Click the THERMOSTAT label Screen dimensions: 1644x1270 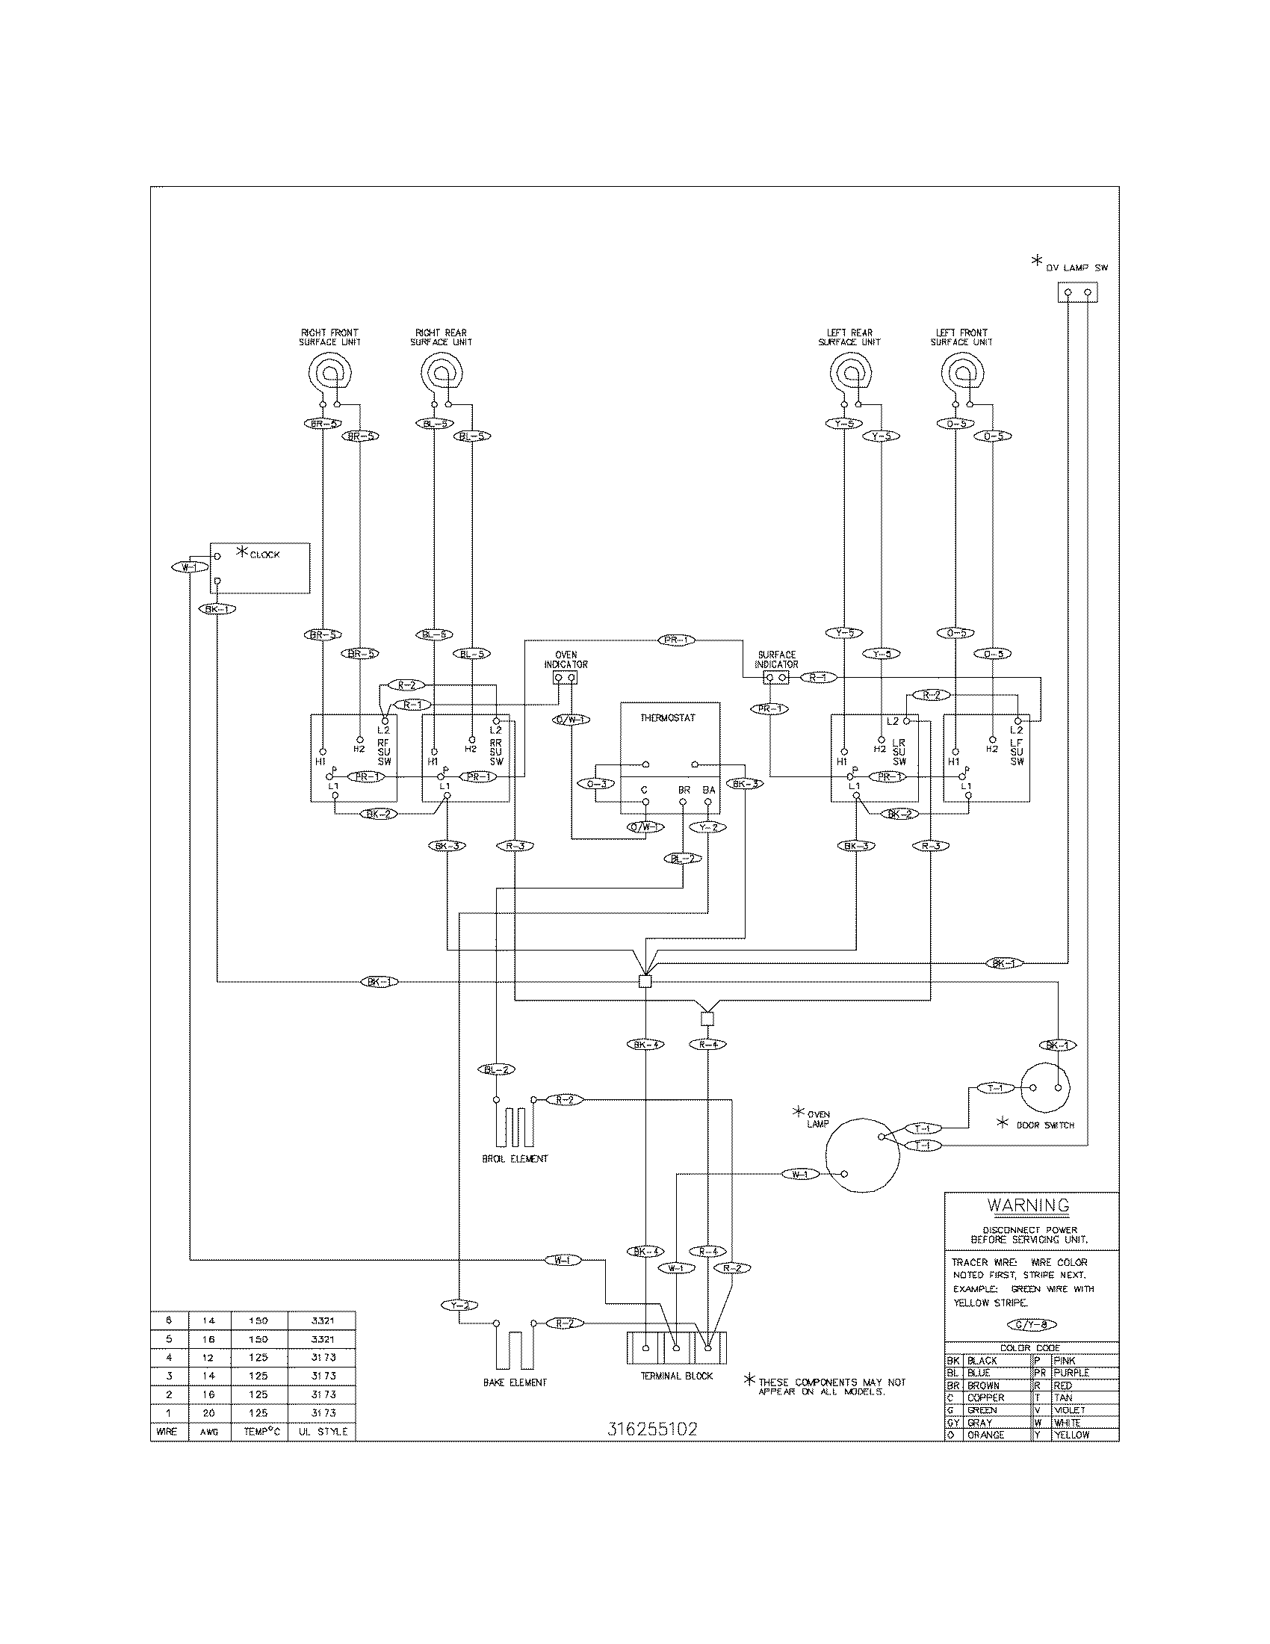(667, 718)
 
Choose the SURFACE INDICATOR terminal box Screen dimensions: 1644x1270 (775, 679)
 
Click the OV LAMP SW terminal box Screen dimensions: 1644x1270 (1077, 292)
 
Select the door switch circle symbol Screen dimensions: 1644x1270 (1046, 1088)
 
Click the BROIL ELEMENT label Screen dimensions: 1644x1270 (515, 1159)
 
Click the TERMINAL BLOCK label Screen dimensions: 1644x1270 (677, 1376)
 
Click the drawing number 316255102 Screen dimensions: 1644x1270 (651, 1429)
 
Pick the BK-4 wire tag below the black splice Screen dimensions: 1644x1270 (645, 1045)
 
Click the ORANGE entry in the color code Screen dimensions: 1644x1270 (985, 1435)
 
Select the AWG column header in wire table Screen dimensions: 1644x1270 (208, 1431)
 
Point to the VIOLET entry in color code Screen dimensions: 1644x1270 (1069, 1410)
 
